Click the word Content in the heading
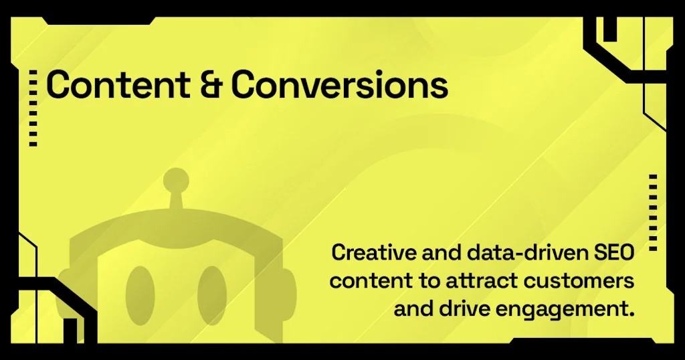pos(118,84)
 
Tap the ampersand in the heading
pos(211,84)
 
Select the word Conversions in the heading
pos(339,84)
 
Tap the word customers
pos(579,280)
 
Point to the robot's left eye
pos(140,295)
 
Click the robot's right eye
pos(211,295)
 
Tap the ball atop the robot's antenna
pos(176,180)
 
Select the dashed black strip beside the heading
pos(33,108)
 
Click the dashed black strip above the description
pos(653,213)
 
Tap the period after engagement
pos(631,314)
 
